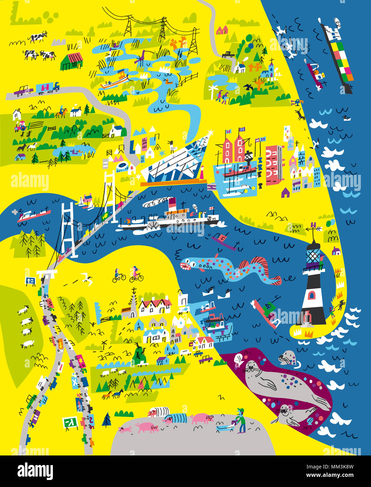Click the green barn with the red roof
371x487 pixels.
click(72, 61)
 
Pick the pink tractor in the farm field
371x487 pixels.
click(20, 126)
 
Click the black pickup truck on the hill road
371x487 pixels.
click(228, 54)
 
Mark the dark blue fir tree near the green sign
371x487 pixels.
click(107, 419)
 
